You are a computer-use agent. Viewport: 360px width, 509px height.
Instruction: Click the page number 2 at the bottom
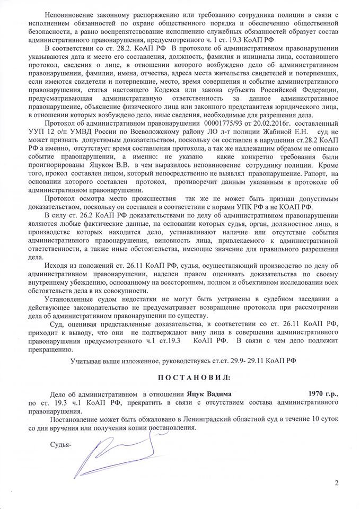coord(336,482)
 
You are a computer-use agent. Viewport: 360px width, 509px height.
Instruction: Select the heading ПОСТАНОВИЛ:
coord(180,377)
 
